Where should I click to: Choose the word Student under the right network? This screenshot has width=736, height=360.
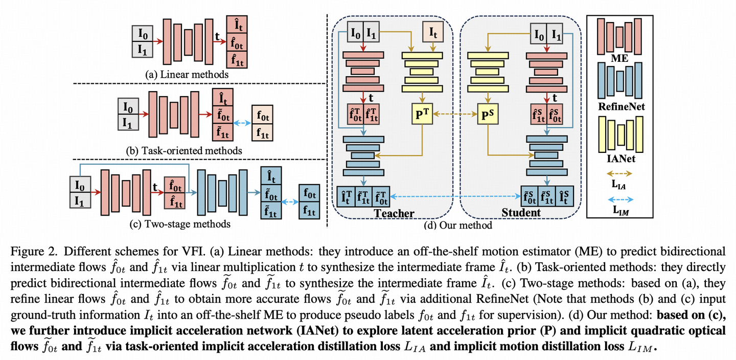521,213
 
